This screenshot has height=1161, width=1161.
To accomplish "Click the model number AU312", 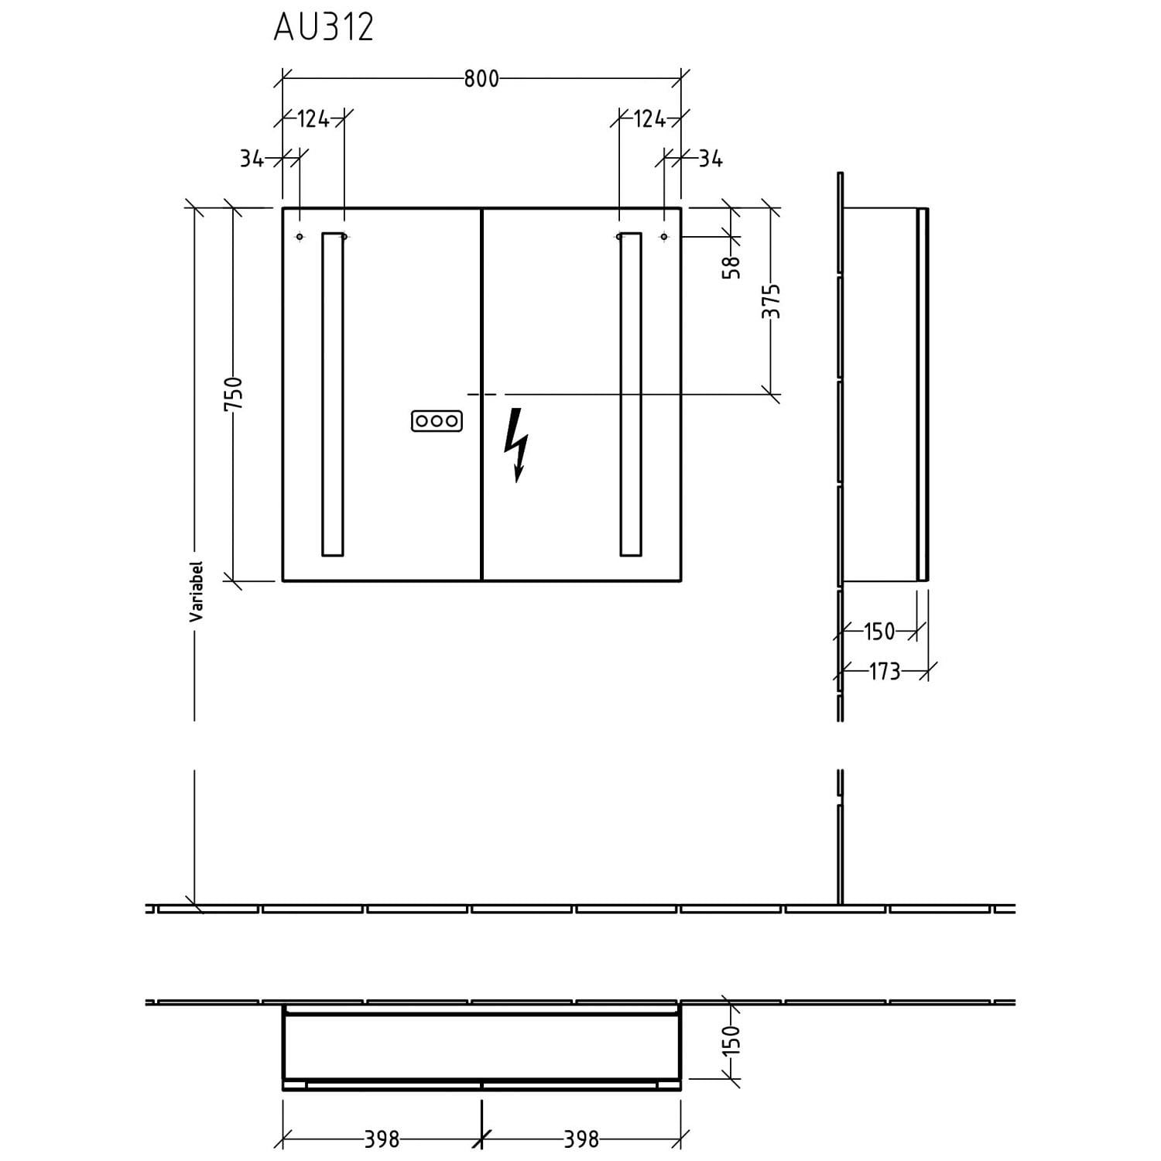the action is coord(324,27).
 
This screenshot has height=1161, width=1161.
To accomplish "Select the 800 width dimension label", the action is coord(481,79).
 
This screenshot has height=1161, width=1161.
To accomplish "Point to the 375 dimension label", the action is coord(771,301).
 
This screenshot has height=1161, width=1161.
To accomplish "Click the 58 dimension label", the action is coord(731,267).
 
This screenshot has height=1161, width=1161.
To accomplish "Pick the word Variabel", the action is coord(196,591).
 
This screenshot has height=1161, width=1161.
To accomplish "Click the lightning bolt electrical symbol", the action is coord(516,445).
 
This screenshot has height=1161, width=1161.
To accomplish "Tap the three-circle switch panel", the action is coord(437,421).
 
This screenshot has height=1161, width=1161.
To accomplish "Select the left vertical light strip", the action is coord(332,394).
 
